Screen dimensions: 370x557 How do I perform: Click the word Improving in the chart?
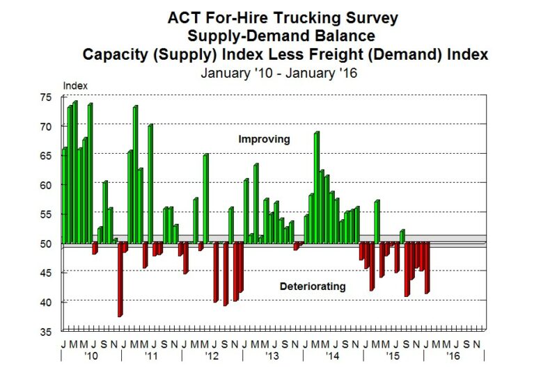pos(264,140)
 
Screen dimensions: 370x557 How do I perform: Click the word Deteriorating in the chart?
pos(313,287)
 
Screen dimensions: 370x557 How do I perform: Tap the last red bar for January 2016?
pos(427,268)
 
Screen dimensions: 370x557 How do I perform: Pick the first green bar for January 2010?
pos(64,195)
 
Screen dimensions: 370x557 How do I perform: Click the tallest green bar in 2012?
pos(205,198)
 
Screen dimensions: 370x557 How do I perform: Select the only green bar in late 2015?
pos(402,236)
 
